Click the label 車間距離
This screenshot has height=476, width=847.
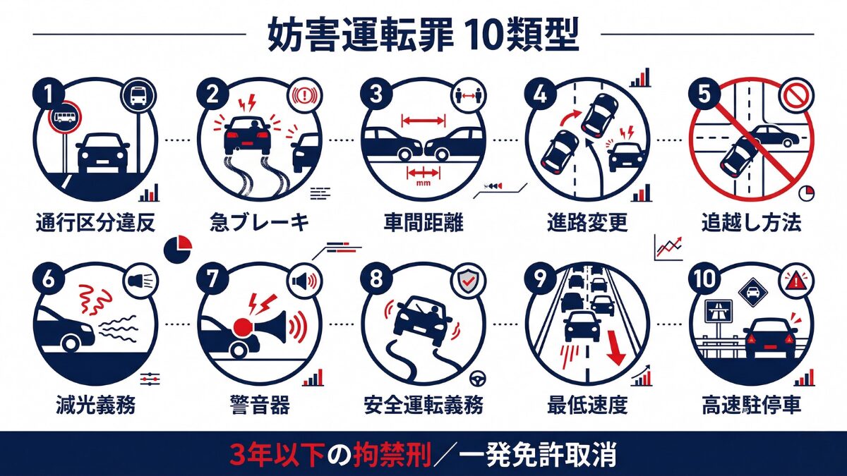(x=423, y=224)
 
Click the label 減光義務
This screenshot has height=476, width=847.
(x=95, y=406)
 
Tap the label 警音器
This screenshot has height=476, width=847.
(x=258, y=406)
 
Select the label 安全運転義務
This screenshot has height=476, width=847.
(x=423, y=406)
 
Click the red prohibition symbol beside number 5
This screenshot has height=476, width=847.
(x=795, y=96)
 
